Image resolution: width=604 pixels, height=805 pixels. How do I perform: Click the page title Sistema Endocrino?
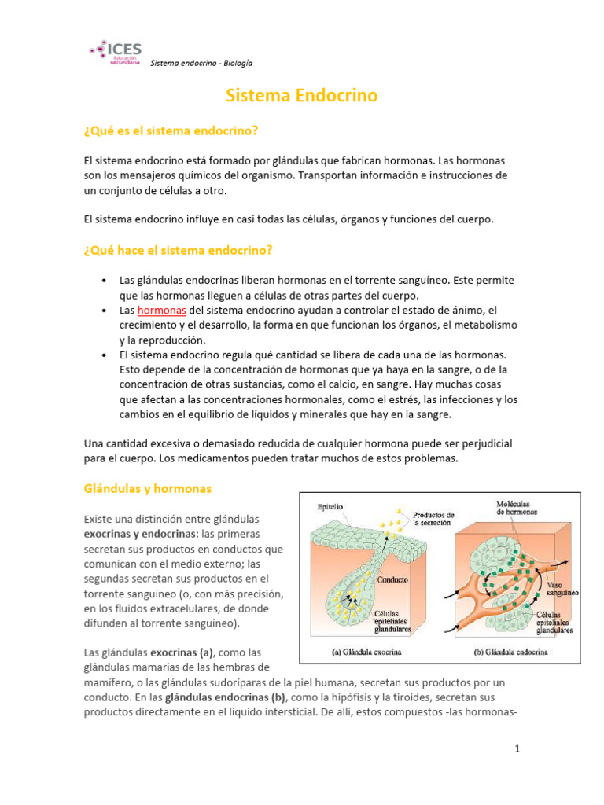[301, 96]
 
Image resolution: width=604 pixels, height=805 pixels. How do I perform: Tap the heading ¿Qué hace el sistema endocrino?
[178, 250]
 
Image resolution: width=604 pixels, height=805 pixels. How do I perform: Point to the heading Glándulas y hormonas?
[148, 488]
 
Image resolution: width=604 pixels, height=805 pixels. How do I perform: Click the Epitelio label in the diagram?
[330, 507]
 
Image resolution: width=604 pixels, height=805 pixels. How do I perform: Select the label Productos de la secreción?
[434, 520]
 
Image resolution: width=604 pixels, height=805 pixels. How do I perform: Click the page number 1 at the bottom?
[517, 749]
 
